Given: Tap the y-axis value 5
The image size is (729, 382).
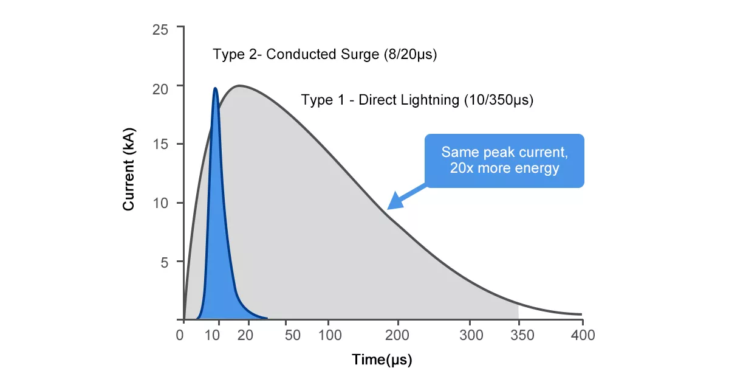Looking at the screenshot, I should pos(163,262).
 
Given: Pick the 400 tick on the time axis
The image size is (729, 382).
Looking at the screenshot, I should pos(581,335).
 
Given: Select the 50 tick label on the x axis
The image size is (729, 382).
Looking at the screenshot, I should pos(293,335).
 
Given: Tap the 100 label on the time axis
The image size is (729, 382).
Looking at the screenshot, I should pos(328,335).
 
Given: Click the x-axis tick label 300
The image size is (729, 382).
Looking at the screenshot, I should pos(471,335).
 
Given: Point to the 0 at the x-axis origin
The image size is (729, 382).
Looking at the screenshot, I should pos(180,335).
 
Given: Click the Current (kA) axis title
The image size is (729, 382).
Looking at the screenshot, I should pos(128,170).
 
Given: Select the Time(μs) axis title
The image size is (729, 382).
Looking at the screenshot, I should pos(382,360).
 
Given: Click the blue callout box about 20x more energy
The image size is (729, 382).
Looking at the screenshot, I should pos(504,161).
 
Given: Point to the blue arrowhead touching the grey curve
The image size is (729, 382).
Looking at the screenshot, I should pos(393,203).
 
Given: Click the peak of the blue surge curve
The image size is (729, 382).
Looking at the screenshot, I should pos(215,89).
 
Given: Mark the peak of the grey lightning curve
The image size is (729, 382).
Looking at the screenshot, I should pos(239,85).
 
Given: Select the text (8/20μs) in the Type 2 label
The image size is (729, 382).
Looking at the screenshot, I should pos(410,54).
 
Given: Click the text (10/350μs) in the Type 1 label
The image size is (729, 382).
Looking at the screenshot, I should pos(498,100).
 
